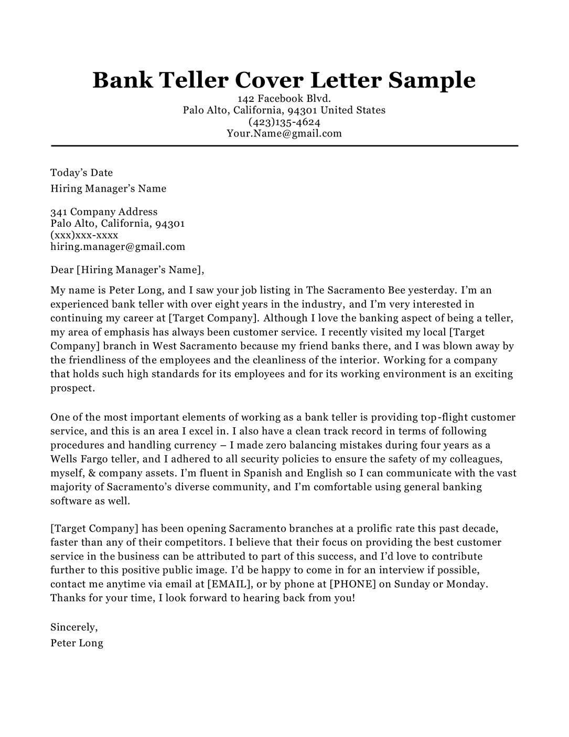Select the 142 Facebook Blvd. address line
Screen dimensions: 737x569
(x=284, y=99)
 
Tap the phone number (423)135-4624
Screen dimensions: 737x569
(x=284, y=122)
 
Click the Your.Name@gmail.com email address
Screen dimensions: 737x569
(x=284, y=133)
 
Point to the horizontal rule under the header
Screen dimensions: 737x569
(x=284, y=145)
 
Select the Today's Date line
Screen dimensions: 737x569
(x=81, y=173)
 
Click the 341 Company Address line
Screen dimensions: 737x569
(x=104, y=212)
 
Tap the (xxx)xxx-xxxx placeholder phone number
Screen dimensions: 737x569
(x=84, y=235)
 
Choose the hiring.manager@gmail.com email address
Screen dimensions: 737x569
(x=117, y=247)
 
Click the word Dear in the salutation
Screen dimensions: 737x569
(x=62, y=270)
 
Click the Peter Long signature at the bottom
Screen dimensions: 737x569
(x=77, y=643)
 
